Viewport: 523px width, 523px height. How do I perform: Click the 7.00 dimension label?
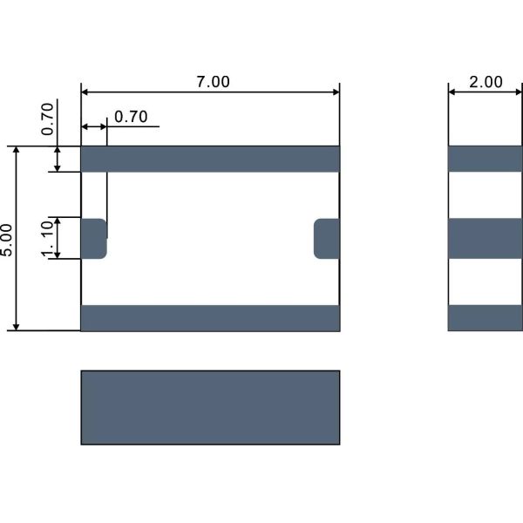tap(213, 82)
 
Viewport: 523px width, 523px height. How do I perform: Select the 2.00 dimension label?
tap(486, 82)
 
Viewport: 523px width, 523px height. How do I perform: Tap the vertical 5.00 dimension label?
tap(6, 240)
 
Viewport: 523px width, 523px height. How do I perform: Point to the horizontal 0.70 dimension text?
tap(131, 117)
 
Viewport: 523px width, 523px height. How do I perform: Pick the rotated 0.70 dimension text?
tap(47, 119)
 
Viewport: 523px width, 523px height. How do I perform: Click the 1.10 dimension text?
tap(47, 239)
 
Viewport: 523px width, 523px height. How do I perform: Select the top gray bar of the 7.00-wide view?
tap(210, 159)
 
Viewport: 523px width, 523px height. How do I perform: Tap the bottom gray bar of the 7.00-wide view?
tap(210, 318)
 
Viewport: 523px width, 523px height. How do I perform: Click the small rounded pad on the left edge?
tap(94, 239)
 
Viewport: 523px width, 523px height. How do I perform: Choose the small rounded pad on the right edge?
tap(327, 239)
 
